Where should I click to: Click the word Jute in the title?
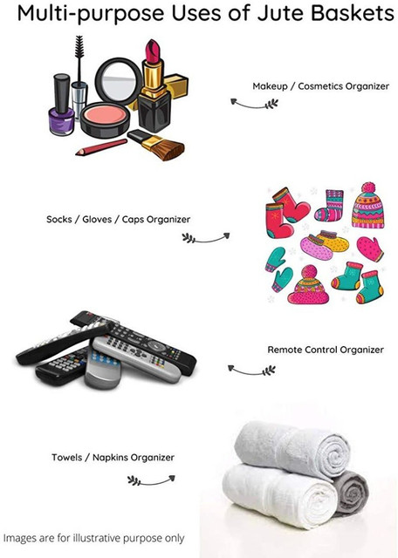point(281,13)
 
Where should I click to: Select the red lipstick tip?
point(153,51)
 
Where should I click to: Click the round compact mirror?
point(119,81)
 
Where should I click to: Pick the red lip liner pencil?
point(101,147)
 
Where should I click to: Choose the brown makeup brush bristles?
point(169,150)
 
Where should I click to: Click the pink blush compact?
point(105,119)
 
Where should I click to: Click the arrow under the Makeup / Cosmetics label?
point(254,105)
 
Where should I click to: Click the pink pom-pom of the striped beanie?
point(367,187)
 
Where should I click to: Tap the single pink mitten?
point(370,248)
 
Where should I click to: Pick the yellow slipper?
point(333,241)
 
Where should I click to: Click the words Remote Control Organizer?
point(326,350)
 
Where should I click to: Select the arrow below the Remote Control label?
point(251,371)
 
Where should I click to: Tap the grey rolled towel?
point(351,493)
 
